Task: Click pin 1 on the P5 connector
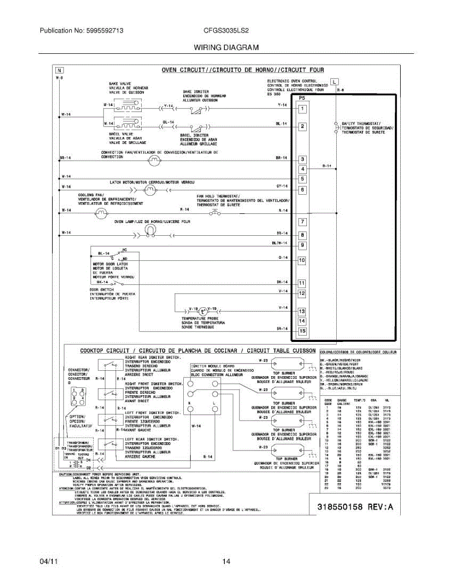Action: (x=303, y=109)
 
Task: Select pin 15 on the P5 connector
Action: (x=302, y=332)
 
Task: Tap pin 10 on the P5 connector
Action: (x=302, y=261)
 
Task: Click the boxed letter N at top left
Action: (x=59, y=70)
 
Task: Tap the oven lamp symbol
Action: (x=154, y=232)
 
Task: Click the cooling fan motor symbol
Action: (x=101, y=213)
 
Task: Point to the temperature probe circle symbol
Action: (x=203, y=311)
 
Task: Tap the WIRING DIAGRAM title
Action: (x=226, y=47)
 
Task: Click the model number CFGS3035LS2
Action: (x=226, y=30)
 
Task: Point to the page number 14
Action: (x=226, y=562)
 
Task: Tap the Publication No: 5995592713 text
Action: (x=81, y=30)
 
